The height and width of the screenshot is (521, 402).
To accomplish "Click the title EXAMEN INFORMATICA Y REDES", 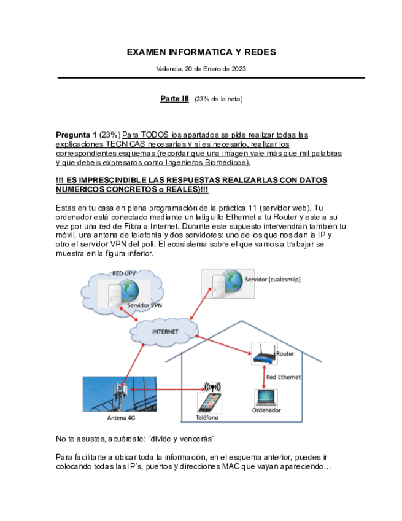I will coord(201,52).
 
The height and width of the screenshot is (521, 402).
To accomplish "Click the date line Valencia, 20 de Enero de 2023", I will coord(201,69).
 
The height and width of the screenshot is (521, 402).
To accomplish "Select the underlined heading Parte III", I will coord(174,99).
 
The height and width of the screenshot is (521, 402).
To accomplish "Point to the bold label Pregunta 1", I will coord(76,135).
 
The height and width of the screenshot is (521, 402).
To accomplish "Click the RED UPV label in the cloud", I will coord(124,273).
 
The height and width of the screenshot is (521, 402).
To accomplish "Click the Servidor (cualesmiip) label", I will coord(273,280).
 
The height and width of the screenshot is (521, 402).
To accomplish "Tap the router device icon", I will coord(264,355).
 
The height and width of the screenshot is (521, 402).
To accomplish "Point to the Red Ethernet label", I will coord(284,377).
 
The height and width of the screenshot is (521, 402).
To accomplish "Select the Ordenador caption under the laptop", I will coord(266,410).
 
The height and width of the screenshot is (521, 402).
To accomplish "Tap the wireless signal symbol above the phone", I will coord(212,387).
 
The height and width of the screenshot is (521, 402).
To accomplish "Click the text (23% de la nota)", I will coord(218,100).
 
